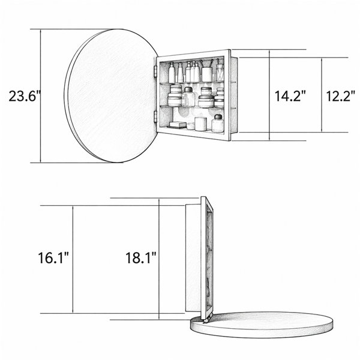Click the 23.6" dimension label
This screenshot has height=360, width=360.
[25, 96]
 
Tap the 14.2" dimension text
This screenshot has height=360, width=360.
[290, 96]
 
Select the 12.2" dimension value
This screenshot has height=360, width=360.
[340, 96]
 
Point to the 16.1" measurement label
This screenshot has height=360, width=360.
[53, 257]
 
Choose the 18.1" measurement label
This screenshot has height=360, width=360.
[141, 257]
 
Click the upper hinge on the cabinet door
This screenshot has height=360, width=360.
[155, 70]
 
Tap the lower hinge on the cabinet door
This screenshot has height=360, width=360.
[155, 116]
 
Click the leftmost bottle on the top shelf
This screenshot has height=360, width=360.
[172, 73]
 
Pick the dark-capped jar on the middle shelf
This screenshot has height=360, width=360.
[188, 97]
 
